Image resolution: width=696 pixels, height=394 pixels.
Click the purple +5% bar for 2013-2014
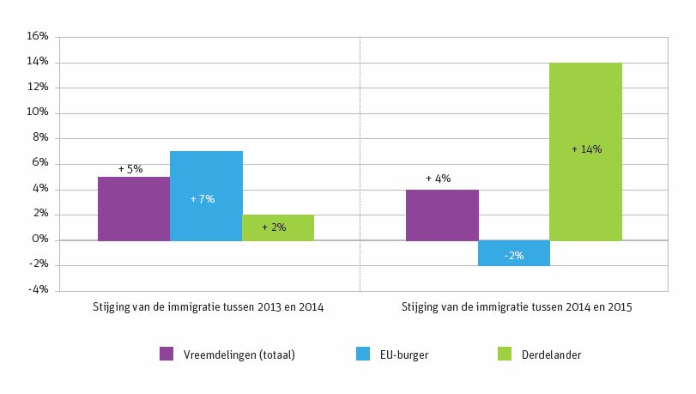click(134, 209)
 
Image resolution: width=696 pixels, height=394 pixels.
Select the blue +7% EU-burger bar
click(206, 196)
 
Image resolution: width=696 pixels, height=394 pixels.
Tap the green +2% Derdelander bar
click(278, 227)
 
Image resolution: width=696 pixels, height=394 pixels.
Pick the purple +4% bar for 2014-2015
click(442, 215)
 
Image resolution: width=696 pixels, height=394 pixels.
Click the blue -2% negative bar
click(513, 253)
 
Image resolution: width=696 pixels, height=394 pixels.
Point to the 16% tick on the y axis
click(37, 37)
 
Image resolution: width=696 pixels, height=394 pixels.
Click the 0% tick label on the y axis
click(40, 240)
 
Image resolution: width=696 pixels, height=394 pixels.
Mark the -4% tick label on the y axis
click(39, 291)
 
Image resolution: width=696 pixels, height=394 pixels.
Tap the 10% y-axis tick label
click(37, 113)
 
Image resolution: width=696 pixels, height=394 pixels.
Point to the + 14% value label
click(586, 149)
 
